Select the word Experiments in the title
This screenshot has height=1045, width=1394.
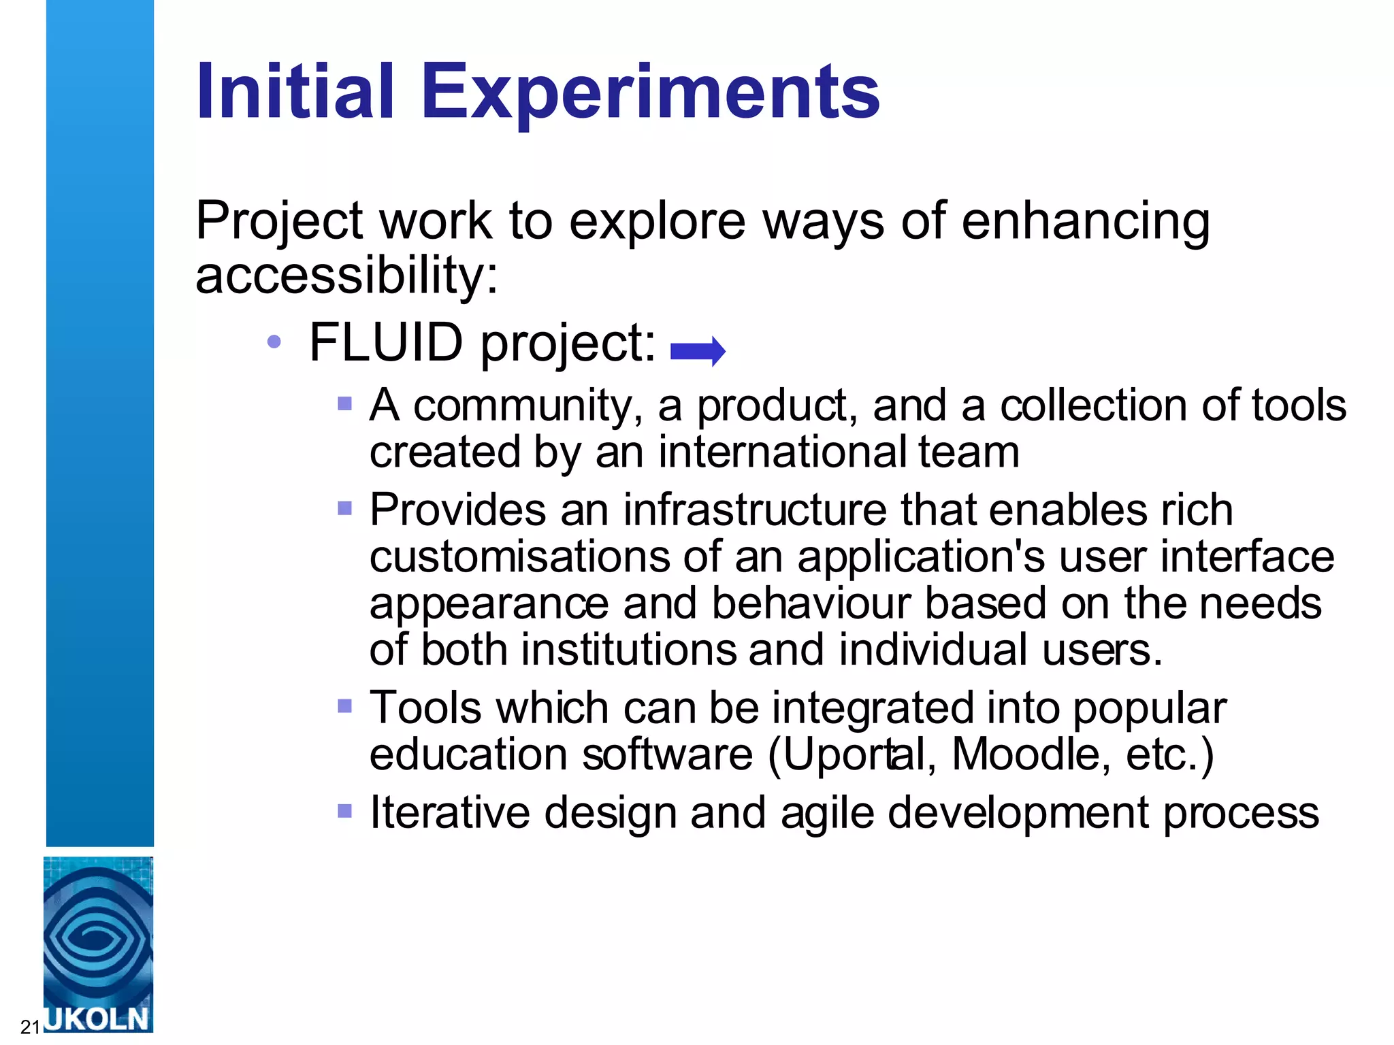pyautogui.click(x=650, y=92)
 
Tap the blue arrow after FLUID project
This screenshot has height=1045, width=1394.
pyautogui.click(x=698, y=351)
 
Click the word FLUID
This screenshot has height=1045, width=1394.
pyautogui.click(x=386, y=342)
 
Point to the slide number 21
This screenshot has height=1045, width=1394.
pyautogui.click(x=30, y=1027)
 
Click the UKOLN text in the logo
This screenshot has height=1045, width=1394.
pyautogui.click(x=97, y=1019)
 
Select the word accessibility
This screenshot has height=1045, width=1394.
pyautogui.click(x=346, y=276)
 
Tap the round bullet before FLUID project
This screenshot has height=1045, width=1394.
pyautogui.click(x=274, y=342)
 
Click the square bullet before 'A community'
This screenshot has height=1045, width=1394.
pyautogui.click(x=344, y=404)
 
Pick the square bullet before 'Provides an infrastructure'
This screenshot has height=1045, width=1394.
pyautogui.click(x=344, y=508)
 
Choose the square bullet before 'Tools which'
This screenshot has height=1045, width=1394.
pyautogui.click(x=344, y=706)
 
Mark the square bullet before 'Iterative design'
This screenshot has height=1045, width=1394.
pyautogui.click(x=344, y=810)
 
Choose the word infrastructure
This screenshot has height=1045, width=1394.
pyautogui.click(x=755, y=510)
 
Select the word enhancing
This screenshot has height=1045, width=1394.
pyautogui.click(x=1085, y=221)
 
